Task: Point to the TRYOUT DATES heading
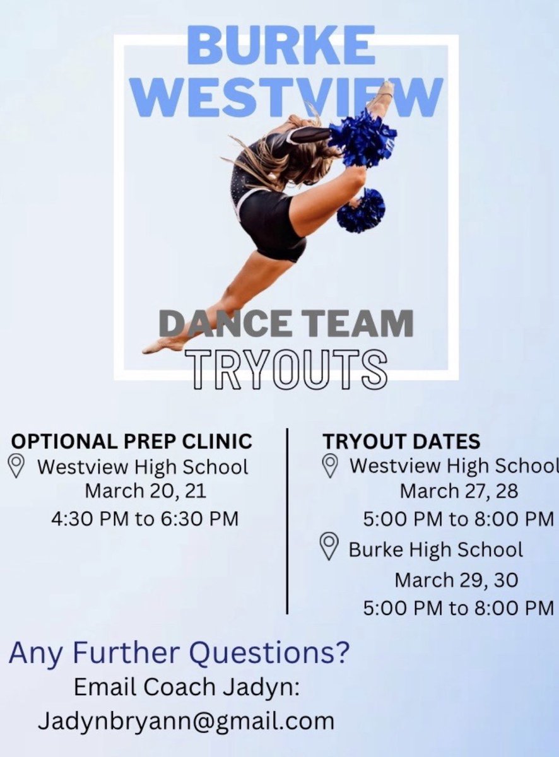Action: point(401,440)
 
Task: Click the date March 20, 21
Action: point(146,490)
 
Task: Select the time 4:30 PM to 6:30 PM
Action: point(145,519)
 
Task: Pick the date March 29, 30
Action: point(456,579)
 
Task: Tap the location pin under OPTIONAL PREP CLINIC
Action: point(17,467)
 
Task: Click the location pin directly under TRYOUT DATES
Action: point(329,466)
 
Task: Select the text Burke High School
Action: point(436,549)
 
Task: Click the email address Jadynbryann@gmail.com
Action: point(186,720)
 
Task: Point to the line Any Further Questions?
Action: point(179,653)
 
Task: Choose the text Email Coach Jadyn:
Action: point(186,687)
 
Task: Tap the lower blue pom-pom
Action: point(361,211)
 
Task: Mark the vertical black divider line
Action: point(288,520)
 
